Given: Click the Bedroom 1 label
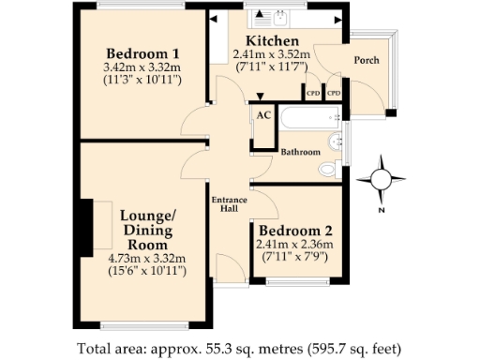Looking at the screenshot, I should pyautogui.click(x=142, y=52).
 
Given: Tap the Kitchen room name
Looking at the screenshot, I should pyautogui.click(x=272, y=41).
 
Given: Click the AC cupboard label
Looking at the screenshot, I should pyautogui.click(x=263, y=113).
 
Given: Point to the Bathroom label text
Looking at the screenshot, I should pyautogui.click(x=301, y=152).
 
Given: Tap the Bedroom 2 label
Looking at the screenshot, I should pyautogui.click(x=295, y=231).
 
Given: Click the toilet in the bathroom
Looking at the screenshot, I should pyautogui.click(x=327, y=170).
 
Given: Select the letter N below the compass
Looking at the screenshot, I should pyautogui.click(x=382, y=211).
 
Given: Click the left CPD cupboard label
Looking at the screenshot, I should pyautogui.click(x=312, y=94).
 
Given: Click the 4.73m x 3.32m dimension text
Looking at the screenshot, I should pyautogui.click(x=147, y=259).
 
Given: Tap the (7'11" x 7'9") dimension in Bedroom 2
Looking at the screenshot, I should pyautogui.click(x=295, y=258).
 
